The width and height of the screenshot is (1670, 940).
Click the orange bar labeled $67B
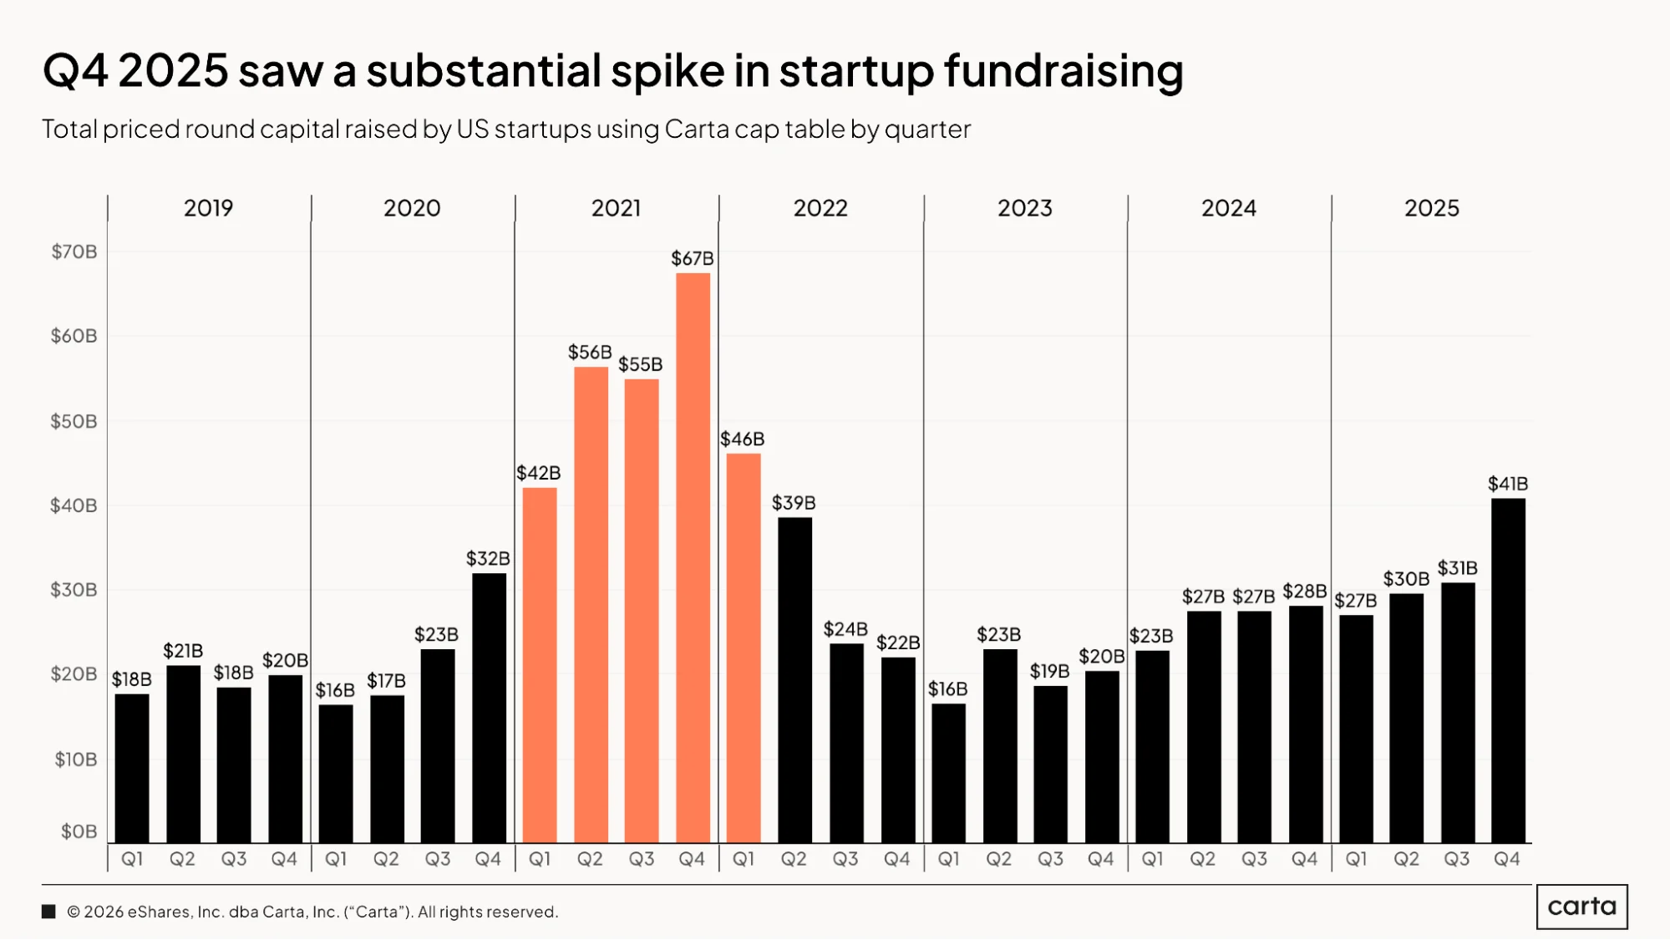pyautogui.click(x=693, y=557)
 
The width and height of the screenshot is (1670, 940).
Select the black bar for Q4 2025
pyautogui.click(x=1508, y=670)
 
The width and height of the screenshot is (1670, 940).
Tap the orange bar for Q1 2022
pyautogui.click(x=744, y=648)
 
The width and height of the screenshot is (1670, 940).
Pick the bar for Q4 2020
pyautogui.click(x=489, y=708)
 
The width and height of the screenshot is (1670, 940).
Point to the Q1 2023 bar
pyautogui.click(x=948, y=773)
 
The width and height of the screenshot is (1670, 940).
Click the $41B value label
pyautogui.click(x=1508, y=484)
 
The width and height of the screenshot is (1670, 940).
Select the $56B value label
pyautogui.click(x=590, y=353)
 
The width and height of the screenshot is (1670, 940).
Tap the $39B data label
pyautogui.click(x=794, y=503)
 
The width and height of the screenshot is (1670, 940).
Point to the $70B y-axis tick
pyautogui.click(x=74, y=252)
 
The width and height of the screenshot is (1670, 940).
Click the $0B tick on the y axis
pyautogui.click(x=79, y=831)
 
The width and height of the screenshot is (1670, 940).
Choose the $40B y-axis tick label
pyautogui.click(x=74, y=506)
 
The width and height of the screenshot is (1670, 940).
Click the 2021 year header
pyautogui.click(x=617, y=208)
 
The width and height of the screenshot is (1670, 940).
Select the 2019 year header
pyautogui.click(x=209, y=208)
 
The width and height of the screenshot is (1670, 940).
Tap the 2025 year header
pyautogui.click(x=1432, y=208)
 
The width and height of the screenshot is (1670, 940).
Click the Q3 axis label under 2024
pyautogui.click(x=1254, y=859)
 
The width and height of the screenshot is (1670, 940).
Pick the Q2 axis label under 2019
pyautogui.click(x=182, y=859)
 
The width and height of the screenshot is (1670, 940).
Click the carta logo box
pyautogui.click(x=1582, y=907)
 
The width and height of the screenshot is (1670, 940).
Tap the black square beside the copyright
pyautogui.click(x=48, y=912)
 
